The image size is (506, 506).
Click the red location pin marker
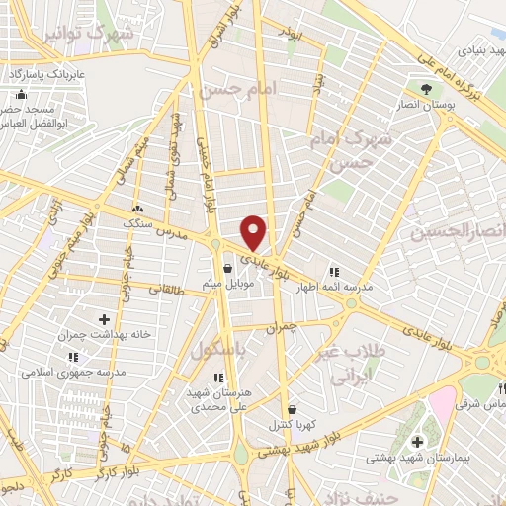254,232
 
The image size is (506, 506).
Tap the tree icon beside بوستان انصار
426,89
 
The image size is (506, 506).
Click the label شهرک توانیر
89,36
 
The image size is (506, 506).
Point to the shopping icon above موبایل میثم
228,268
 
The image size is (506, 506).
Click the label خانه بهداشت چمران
105,334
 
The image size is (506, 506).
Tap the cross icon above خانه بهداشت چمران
105,319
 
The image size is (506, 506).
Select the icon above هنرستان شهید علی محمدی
218,377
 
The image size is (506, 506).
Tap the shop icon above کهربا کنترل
291,409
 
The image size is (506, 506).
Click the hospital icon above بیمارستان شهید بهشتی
417,441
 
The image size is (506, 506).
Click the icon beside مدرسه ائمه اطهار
333,272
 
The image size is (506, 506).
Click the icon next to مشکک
137,210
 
